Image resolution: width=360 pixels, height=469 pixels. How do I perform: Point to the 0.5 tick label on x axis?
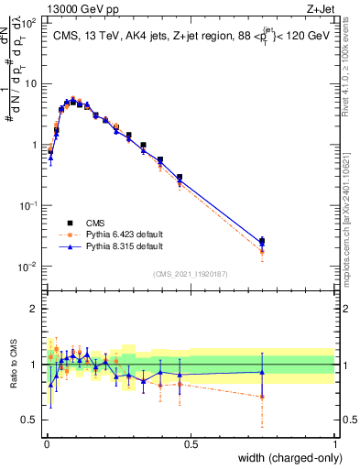pos(190,443)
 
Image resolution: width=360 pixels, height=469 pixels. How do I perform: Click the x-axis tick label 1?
pos(333,443)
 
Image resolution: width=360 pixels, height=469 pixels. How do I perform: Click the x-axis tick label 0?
pos(46,443)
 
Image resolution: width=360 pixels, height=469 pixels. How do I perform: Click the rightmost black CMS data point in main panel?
pos(262,242)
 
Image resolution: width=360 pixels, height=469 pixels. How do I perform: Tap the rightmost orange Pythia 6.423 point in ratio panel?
pos(262,397)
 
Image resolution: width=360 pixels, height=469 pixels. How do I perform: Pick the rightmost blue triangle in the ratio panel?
pos(262,372)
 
